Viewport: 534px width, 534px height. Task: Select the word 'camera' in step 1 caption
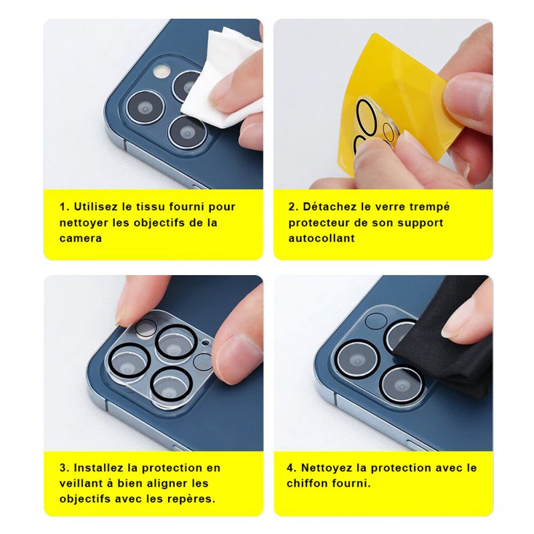coord(81,238)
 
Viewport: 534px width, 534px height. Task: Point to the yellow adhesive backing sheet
coord(402,102)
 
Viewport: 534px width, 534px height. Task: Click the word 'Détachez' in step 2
coord(329,207)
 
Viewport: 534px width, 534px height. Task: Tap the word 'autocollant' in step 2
coord(322,238)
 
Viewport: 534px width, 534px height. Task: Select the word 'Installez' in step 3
coord(98,468)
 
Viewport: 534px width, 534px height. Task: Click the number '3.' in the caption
coord(64,468)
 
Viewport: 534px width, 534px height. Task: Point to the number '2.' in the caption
coord(294,207)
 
